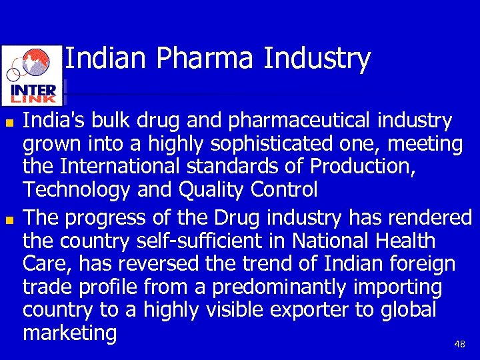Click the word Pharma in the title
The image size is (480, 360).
click(x=206, y=59)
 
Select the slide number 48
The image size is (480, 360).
click(x=459, y=344)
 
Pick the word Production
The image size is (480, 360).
click(x=362, y=167)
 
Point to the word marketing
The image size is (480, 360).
click(x=69, y=333)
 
